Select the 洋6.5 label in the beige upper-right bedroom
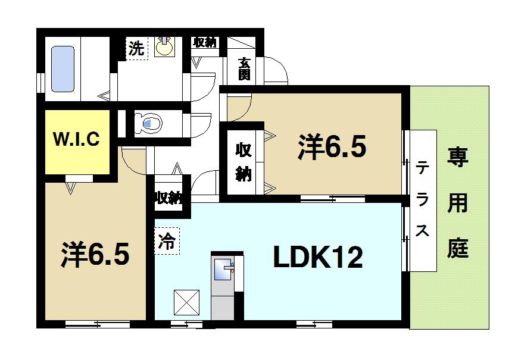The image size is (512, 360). (332, 147)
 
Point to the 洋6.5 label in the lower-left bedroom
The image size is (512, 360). (95, 255)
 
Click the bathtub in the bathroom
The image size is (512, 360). (63, 70)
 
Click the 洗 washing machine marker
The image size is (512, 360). (136, 49)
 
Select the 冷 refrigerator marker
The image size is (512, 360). (167, 242)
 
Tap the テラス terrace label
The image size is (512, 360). (422, 199)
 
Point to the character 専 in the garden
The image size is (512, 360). (458, 160)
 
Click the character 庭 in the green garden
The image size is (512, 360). (458, 246)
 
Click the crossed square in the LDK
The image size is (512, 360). (186, 303)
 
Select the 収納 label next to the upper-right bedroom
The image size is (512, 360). (243, 161)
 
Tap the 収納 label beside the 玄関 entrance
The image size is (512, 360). (205, 43)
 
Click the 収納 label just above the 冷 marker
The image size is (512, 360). (168, 198)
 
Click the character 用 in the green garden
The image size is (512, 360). (458, 204)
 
